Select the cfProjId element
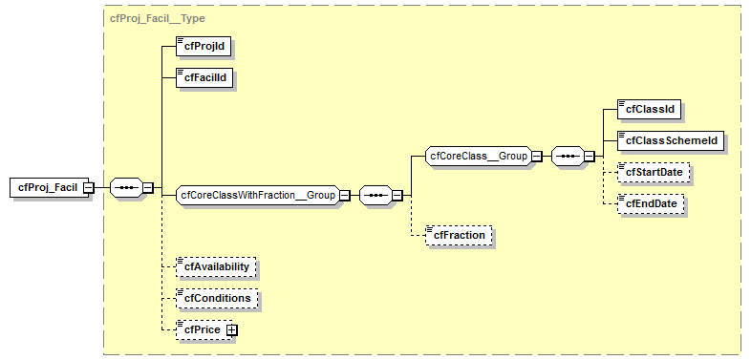[x=203, y=45]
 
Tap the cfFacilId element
[x=204, y=77]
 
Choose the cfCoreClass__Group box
[x=478, y=156]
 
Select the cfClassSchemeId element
[x=669, y=141]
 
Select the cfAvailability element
[x=217, y=267]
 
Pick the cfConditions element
[x=215, y=298]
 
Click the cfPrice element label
[x=202, y=329]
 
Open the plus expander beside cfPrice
[x=231, y=329]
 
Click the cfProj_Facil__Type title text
[x=157, y=17]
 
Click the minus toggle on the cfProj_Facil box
[x=88, y=187]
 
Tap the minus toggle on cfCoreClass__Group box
[x=537, y=156]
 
